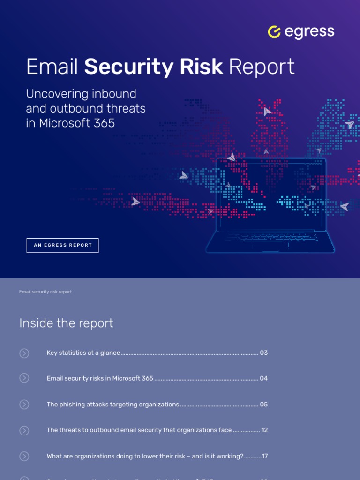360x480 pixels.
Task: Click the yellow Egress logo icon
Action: (274, 32)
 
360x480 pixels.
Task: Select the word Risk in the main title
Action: (202, 67)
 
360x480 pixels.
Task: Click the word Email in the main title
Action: (52, 67)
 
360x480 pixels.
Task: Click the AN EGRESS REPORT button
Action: (63, 245)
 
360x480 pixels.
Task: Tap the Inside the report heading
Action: (66, 323)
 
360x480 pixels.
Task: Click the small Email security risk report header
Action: (45, 292)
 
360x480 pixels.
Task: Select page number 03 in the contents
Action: (264, 352)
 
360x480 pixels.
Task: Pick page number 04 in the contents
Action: (264, 378)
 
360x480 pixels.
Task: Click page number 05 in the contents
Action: (264, 404)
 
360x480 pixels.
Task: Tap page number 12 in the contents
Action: (264, 430)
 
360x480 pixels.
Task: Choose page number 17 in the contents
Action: (264, 456)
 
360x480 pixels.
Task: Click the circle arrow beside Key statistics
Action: (24, 353)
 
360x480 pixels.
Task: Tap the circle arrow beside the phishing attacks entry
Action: (24, 405)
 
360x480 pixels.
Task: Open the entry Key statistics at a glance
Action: (83, 352)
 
